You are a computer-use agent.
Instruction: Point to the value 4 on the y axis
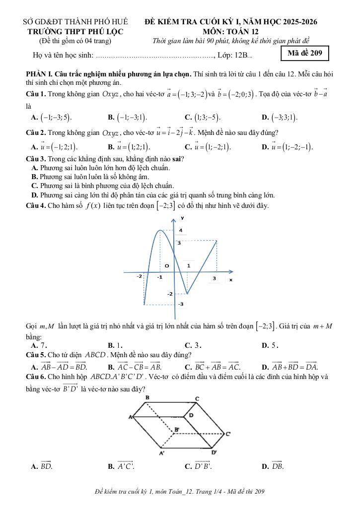pos(181,230)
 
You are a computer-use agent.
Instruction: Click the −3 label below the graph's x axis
pos(181,304)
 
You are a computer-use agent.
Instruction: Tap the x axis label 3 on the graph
pos(215,279)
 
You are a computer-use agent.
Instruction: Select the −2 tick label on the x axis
pos(140,276)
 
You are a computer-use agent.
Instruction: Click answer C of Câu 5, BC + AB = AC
pos(212,367)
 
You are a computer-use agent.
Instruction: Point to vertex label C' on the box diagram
pos(228,434)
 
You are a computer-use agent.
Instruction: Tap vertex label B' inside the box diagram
pos(177,428)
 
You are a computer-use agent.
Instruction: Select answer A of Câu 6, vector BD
pos(42,466)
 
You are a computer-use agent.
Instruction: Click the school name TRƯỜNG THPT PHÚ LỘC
pos(75,31)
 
